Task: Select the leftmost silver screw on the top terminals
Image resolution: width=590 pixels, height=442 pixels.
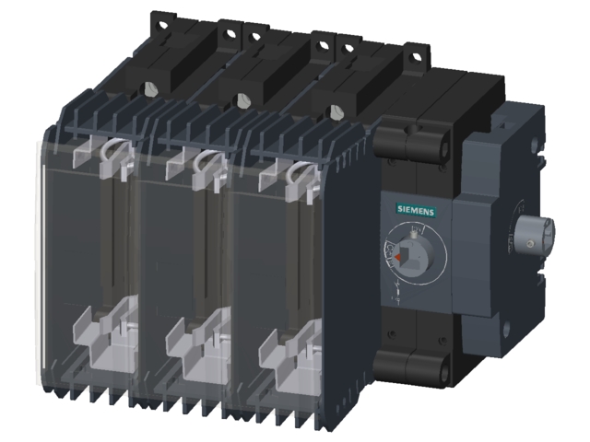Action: click(149, 89)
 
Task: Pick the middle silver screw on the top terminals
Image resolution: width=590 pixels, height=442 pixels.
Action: click(242, 99)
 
